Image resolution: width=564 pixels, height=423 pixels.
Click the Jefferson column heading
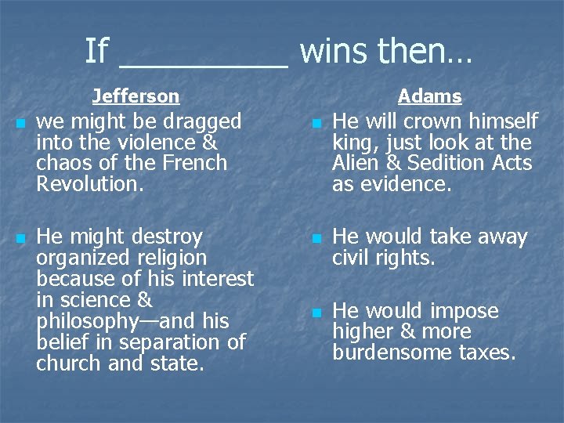point(136,96)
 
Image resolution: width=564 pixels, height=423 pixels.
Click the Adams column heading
point(429,96)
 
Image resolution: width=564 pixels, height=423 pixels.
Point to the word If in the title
point(96,52)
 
